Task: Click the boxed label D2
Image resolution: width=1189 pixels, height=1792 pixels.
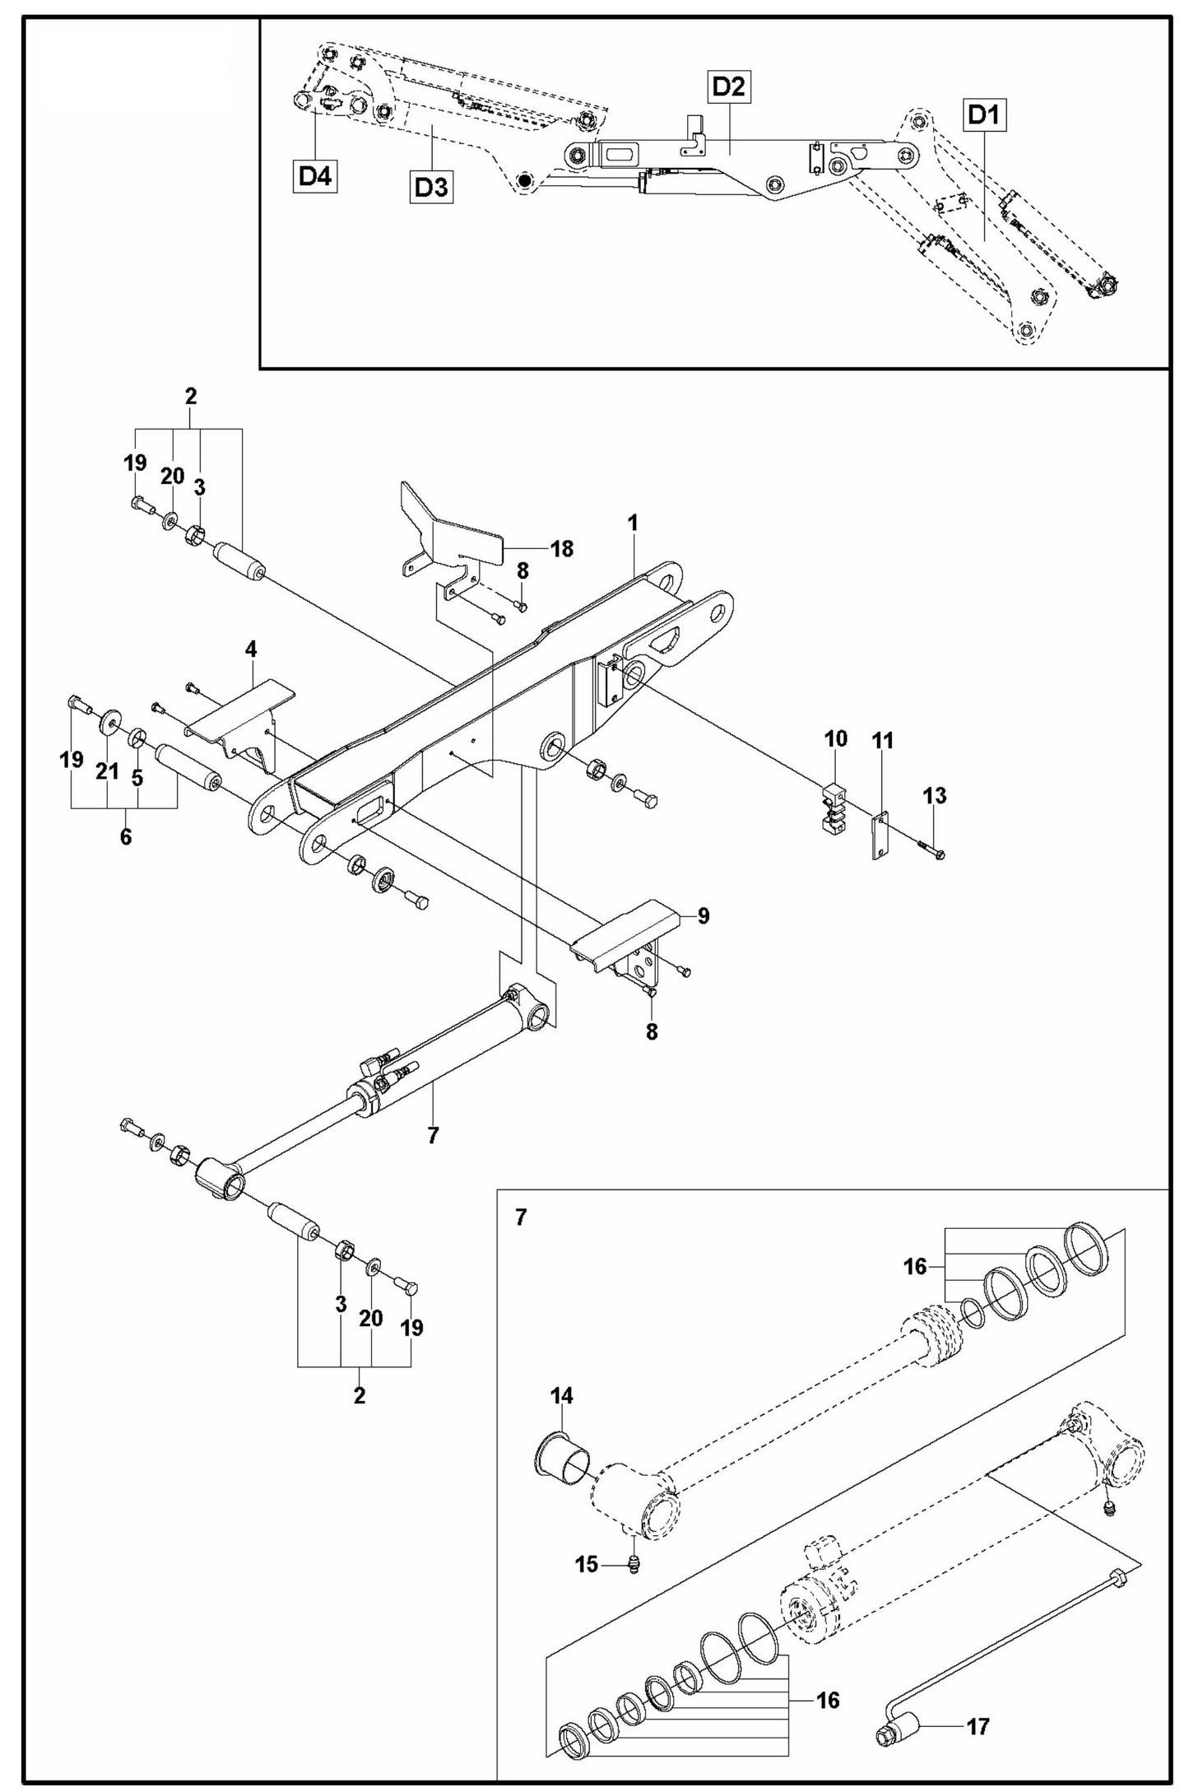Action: click(x=728, y=86)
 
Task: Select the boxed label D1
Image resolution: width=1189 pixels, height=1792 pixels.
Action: click(x=984, y=115)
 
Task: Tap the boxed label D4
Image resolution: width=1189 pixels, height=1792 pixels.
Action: click(x=315, y=175)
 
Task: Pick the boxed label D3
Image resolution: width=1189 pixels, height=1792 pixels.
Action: click(x=431, y=188)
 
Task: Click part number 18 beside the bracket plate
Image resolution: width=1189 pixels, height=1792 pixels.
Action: click(x=562, y=548)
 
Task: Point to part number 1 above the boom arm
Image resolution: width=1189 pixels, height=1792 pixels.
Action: click(x=633, y=523)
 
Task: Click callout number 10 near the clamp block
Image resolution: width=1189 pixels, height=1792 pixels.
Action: click(x=835, y=738)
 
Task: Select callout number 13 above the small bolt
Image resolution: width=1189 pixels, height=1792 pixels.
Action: click(x=934, y=796)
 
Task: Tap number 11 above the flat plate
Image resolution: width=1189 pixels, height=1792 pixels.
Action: click(x=882, y=740)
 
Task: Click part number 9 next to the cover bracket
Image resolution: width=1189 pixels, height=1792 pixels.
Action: click(x=703, y=916)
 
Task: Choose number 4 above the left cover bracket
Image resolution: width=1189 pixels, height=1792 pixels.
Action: click(x=250, y=649)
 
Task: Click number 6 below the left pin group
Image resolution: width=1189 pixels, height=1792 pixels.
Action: click(x=125, y=838)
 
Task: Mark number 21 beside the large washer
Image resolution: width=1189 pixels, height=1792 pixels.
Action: click(x=108, y=772)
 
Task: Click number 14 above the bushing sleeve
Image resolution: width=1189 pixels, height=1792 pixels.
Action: click(x=562, y=1395)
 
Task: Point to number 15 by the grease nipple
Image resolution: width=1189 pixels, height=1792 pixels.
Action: click(x=587, y=1564)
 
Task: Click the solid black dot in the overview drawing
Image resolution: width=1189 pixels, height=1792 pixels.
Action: click(x=523, y=179)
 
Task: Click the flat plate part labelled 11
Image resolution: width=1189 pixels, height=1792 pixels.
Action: click(x=880, y=835)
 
